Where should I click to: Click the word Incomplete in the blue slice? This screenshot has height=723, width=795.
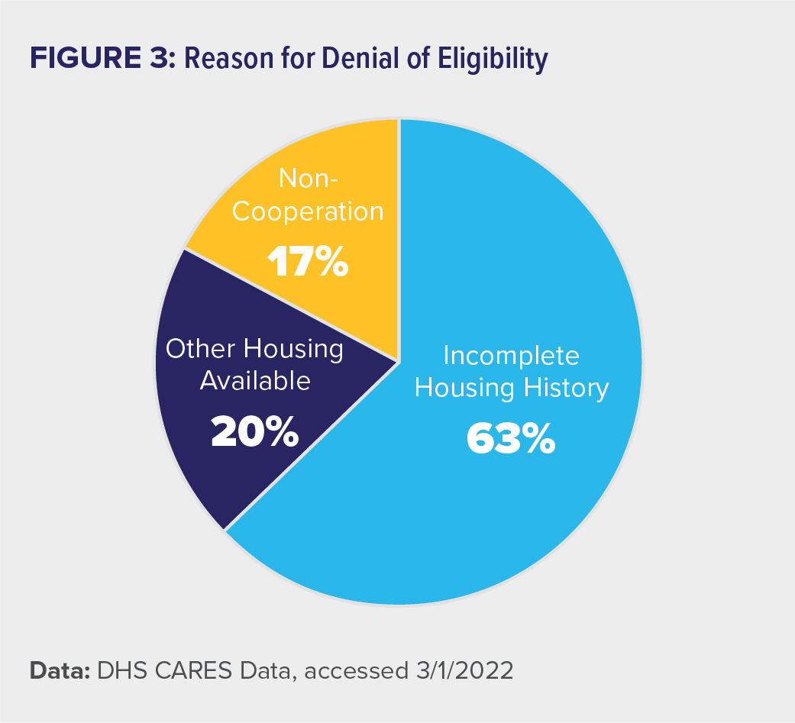click(512, 356)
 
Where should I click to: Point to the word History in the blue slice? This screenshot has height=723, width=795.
click(567, 388)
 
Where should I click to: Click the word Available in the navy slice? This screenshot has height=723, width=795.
click(255, 380)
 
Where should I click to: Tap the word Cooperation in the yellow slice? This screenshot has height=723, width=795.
click(308, 211)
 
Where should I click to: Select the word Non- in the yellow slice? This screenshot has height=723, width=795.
click(309, 179)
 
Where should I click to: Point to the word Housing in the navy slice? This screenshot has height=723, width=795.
click(294, 349)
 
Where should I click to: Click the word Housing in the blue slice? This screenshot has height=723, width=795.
click(467, 388)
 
